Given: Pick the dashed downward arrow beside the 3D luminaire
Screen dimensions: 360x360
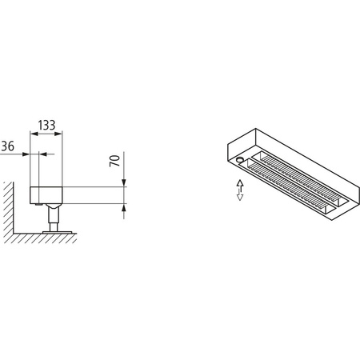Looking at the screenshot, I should (238, 196).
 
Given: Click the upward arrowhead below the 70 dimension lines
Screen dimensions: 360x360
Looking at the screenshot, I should (123, 209).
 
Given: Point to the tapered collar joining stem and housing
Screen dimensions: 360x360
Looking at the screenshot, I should (53, 206).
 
